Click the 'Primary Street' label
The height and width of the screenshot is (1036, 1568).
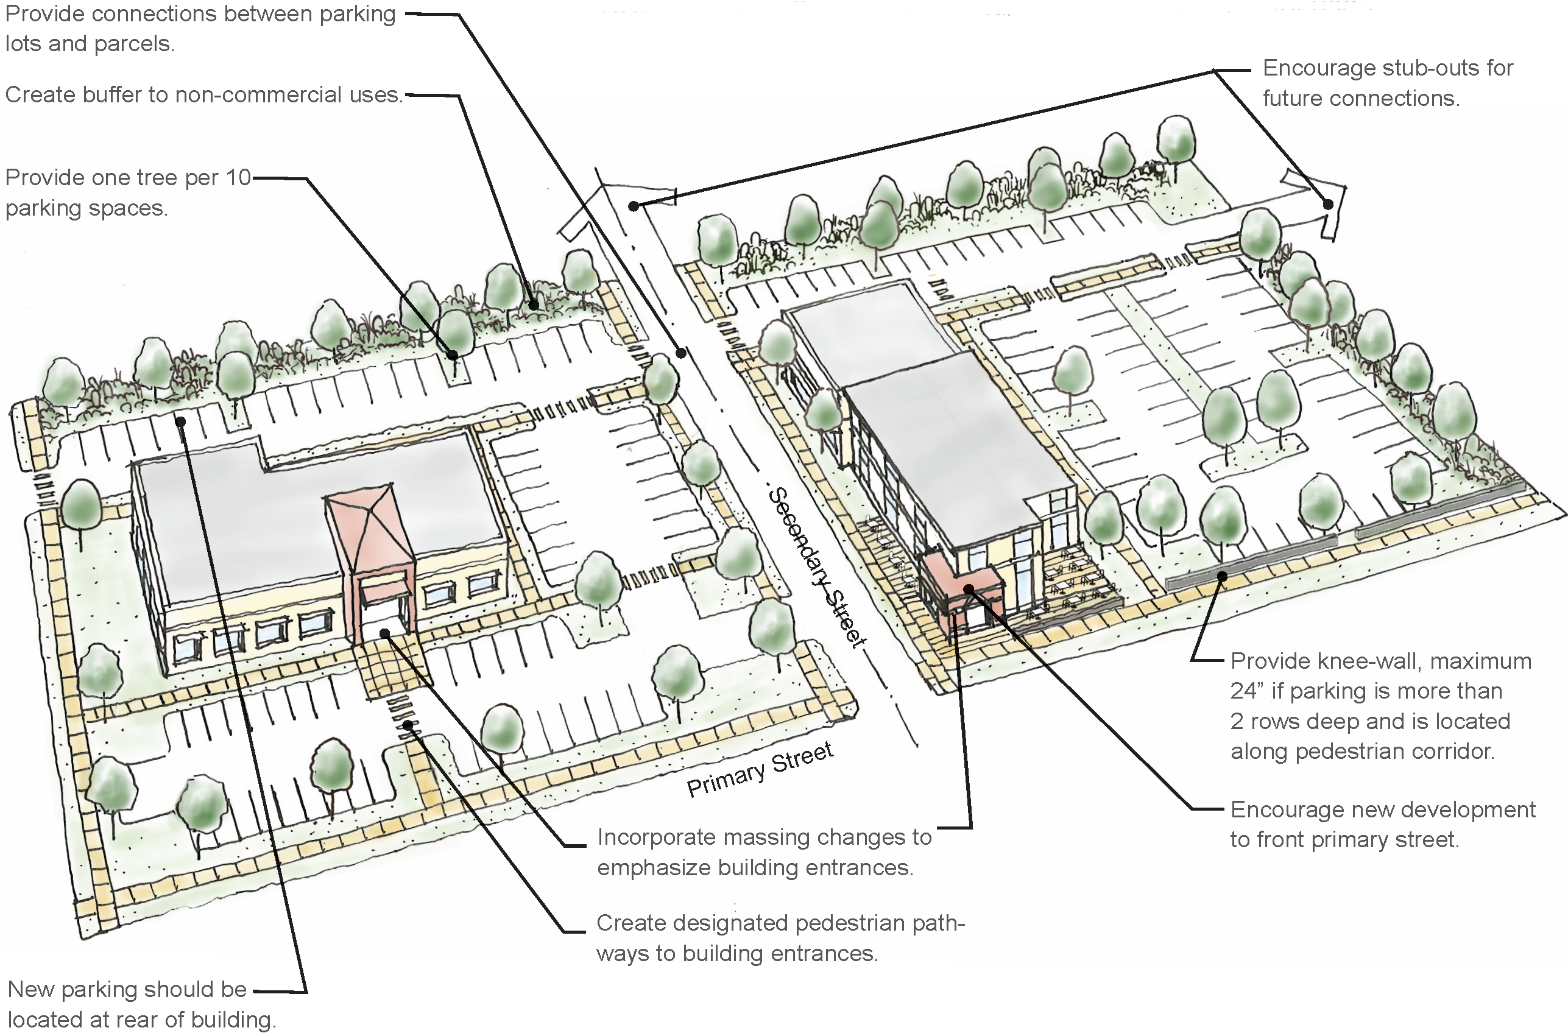pos(760,769)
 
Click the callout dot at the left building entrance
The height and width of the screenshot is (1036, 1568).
pos(384,634)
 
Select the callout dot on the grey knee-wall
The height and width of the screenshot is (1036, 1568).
pos(1222,576)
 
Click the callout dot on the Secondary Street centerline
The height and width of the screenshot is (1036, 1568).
pos(681,353)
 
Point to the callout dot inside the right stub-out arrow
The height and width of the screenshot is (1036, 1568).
pos(1328,204)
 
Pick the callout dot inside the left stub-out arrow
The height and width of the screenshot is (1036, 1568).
pos(633,206)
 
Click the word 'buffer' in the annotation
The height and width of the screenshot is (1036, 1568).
pos(113,95)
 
